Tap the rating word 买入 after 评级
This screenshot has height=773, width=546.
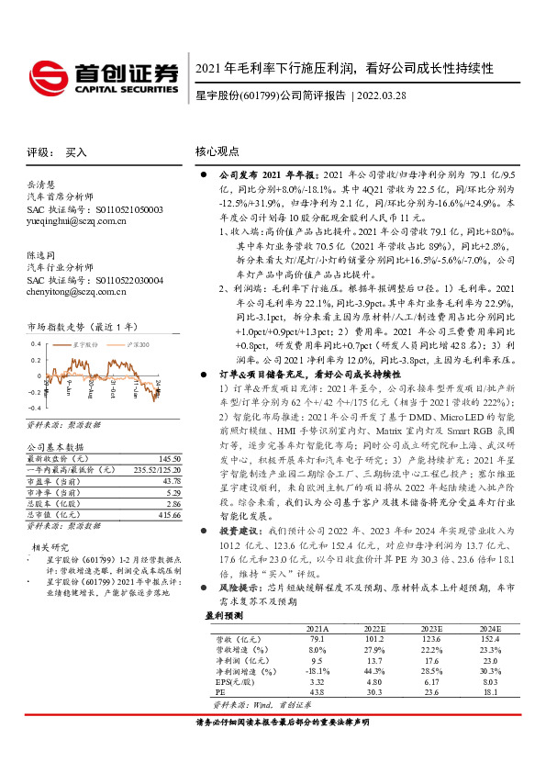76,153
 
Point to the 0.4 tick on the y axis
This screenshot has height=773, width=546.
36,342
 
